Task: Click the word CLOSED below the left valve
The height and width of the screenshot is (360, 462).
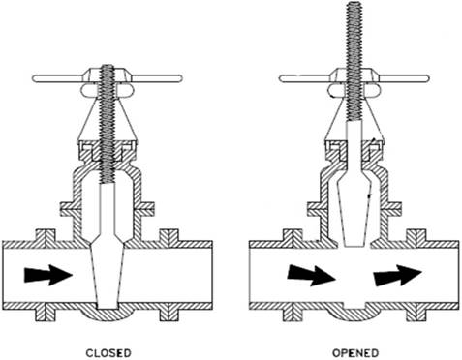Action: click(108, 353)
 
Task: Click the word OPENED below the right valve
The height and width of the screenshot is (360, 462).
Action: click(355, 353)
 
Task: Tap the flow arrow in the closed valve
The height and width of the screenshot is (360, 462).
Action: click(48, 275)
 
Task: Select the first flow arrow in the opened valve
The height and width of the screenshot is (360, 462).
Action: click(312, 275)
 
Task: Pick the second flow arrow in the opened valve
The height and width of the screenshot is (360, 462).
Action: click(398, 275)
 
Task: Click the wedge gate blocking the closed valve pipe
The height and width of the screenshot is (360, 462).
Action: click(108, 274)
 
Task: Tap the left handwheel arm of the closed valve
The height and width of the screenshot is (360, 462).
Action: click(58, 78)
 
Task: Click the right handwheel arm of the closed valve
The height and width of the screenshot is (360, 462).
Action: click(158, 78)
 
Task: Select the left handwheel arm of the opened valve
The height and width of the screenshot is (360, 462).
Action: click(305, 78)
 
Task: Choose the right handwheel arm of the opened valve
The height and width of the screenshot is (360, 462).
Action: click(404, 78)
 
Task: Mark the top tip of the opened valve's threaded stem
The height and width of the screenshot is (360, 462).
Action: click(354, 2)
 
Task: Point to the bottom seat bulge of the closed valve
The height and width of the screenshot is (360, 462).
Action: click(108, 315)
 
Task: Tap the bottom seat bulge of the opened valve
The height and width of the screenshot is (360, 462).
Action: click(354, 314)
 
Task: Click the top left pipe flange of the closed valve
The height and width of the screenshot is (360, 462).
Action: click(46, 235)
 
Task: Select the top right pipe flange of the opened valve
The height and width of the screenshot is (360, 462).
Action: click(416, 235)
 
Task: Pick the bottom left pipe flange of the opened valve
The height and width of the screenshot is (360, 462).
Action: click(293, 315)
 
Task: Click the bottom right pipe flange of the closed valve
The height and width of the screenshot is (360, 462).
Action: click(169, 315)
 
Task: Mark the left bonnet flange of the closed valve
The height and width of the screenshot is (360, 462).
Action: click(71, 209)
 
